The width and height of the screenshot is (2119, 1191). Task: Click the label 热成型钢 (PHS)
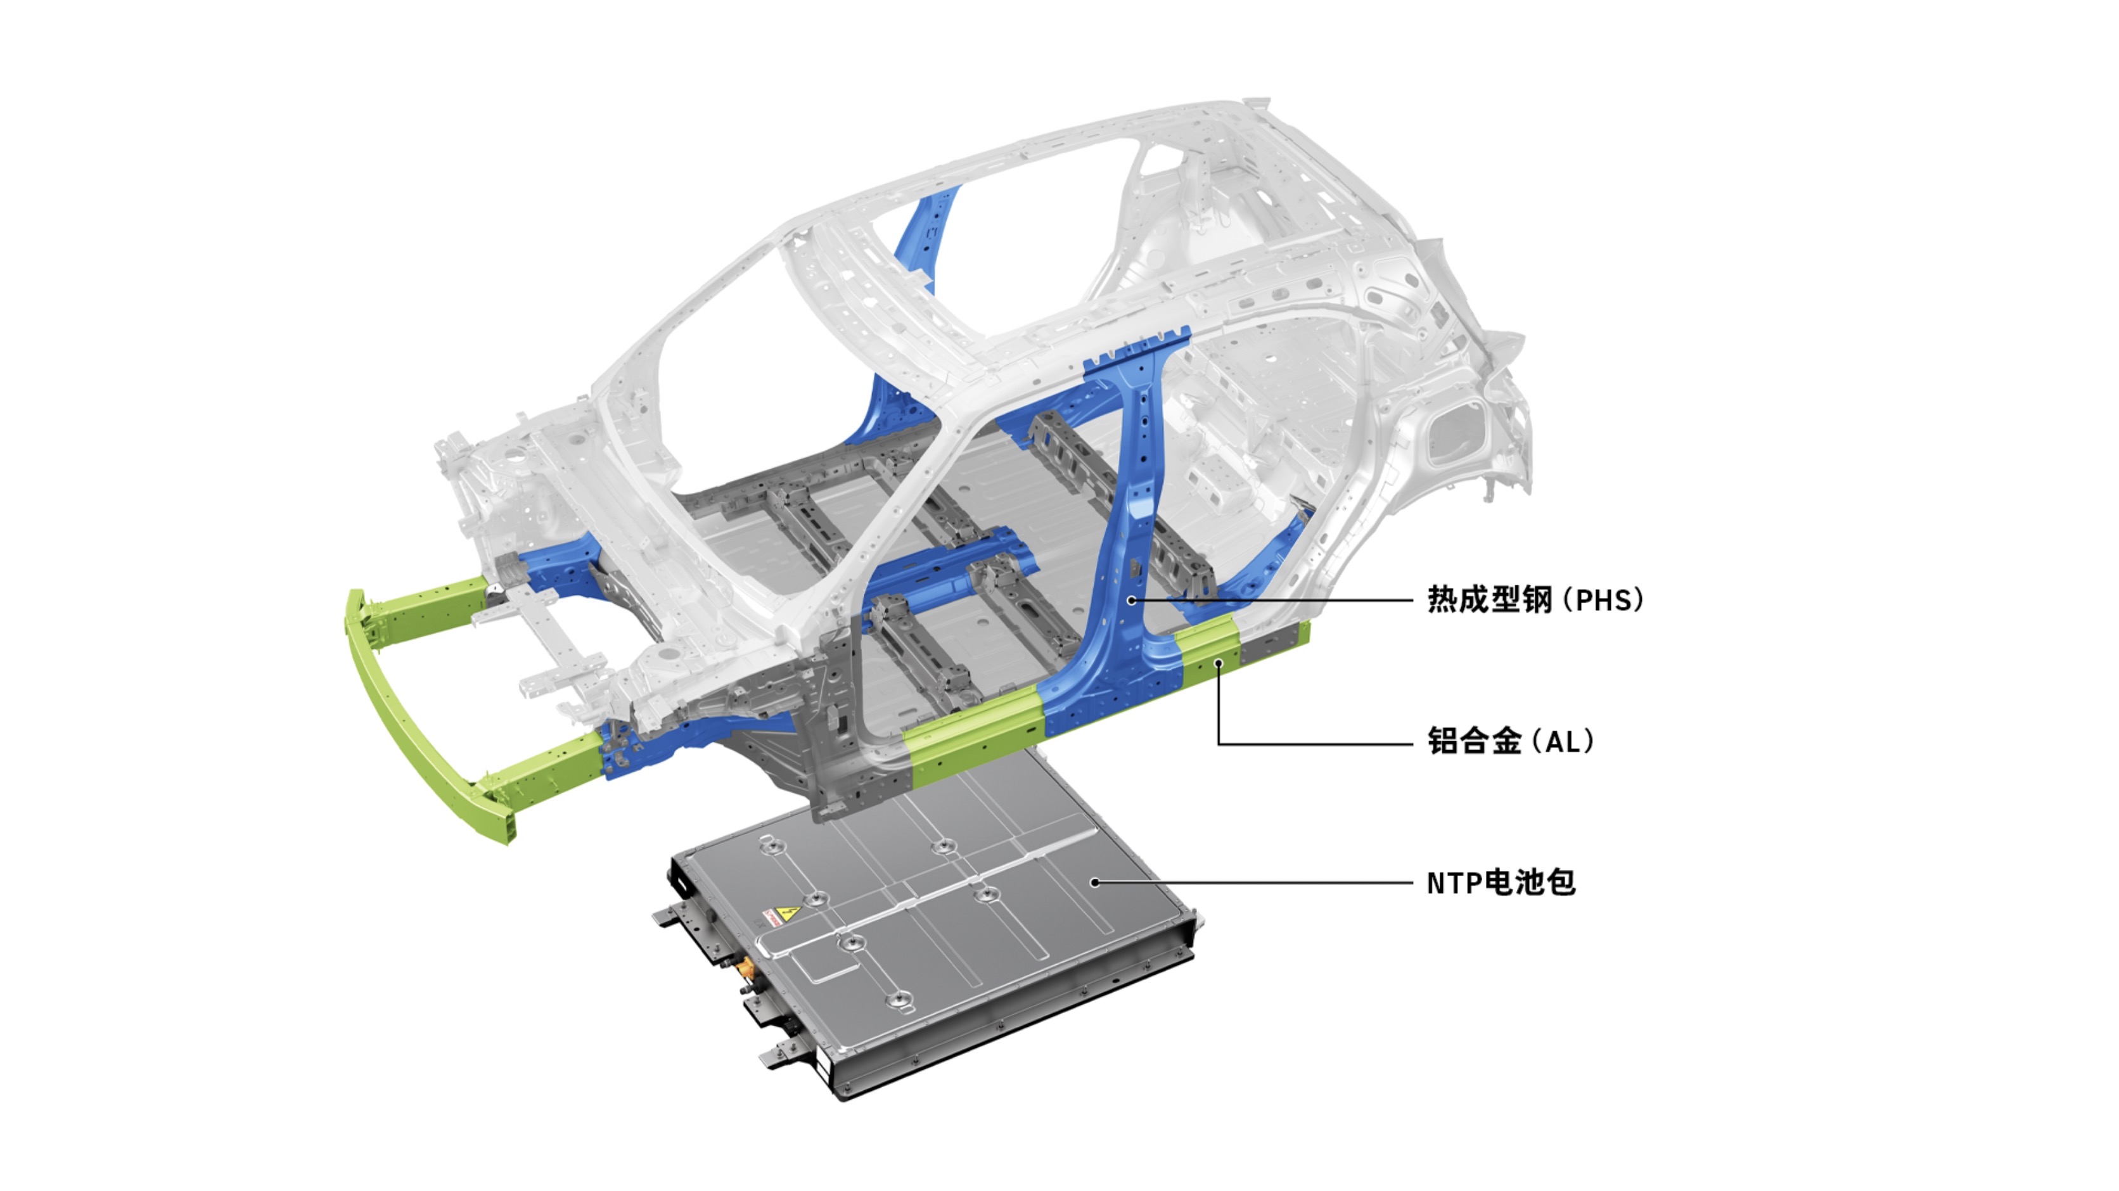click(1535, 599)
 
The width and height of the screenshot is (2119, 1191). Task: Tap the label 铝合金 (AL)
click(1510, 741)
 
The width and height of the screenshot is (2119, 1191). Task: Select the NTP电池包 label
click(1501, 882)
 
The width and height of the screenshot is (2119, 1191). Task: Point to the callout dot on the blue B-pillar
click(1132, 601)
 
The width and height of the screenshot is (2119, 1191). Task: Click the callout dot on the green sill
click(1219, 663)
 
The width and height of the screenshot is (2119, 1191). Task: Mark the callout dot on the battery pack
click(1095, 882)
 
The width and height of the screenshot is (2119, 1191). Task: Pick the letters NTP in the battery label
click(1454, 883)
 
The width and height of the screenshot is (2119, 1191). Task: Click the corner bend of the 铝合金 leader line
click(1219, 744)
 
